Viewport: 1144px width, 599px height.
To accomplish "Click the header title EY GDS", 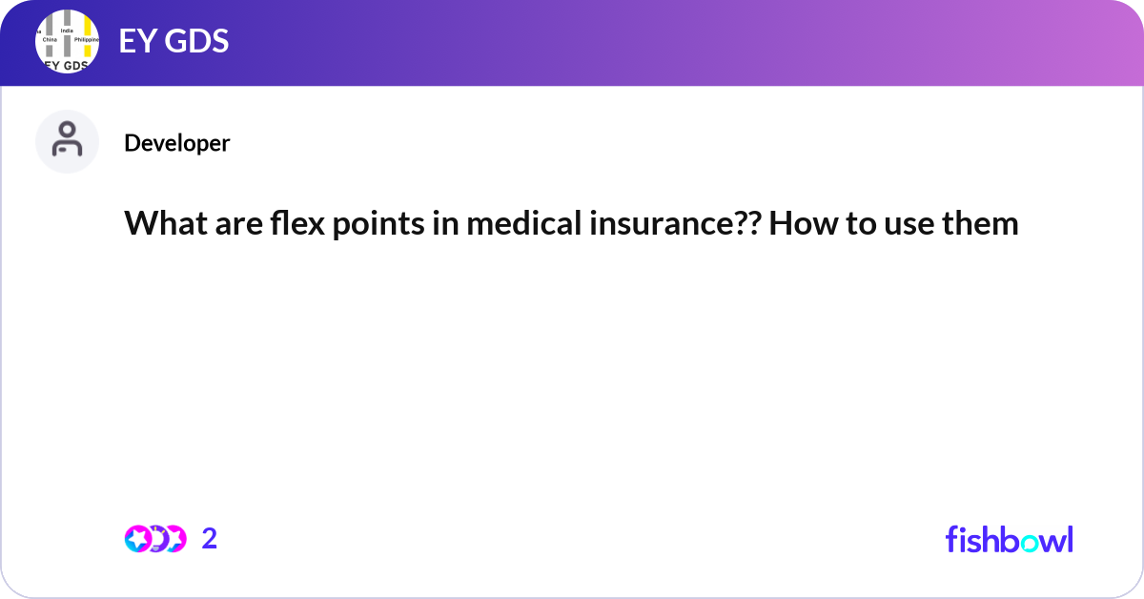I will pyautogui.click(x=174, y=42).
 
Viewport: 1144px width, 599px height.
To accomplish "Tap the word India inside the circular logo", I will pyautogui.click(x=67, y=31).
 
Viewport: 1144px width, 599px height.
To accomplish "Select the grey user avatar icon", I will pyautogui.click(x=67, y=141).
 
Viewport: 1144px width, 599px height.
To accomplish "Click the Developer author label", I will pyautogui.click(x=176, y=143).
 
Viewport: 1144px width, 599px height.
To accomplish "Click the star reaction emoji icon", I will pyautogui.click(x=138, y=539).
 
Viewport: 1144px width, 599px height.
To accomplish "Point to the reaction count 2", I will pyautogui.click(x=210, y=539).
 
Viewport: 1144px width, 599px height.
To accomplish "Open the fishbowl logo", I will pyautogui.click(x=1009, y=539).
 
